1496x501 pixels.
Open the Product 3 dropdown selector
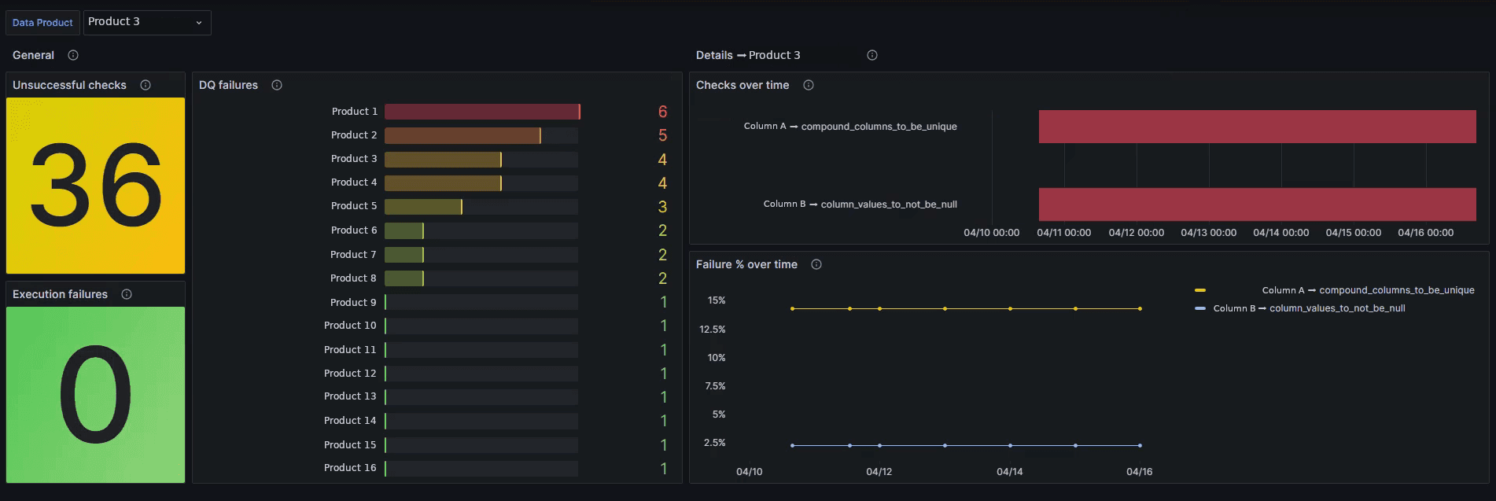click(146, 22)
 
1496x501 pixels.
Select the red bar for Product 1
click(481, 112)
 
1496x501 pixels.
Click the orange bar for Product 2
click(462, 135)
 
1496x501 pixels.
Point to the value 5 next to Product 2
click(662, 135)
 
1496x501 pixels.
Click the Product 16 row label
click(350, 468)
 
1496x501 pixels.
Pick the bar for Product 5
click(422, 207)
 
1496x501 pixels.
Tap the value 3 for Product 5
click(662, 207)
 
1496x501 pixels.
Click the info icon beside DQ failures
click(277, 85)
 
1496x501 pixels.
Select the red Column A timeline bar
click(1257, 127)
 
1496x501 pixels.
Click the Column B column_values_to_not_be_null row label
click(860, 204)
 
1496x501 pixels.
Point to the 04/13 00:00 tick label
click(1208, 233)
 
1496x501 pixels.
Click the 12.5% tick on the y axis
click(713, 330)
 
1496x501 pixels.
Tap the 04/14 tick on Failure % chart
click(1009, 472)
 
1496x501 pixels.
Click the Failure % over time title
click(746, 264)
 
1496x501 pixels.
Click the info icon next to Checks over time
click(809, 85)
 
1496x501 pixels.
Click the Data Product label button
click(42, 23)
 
